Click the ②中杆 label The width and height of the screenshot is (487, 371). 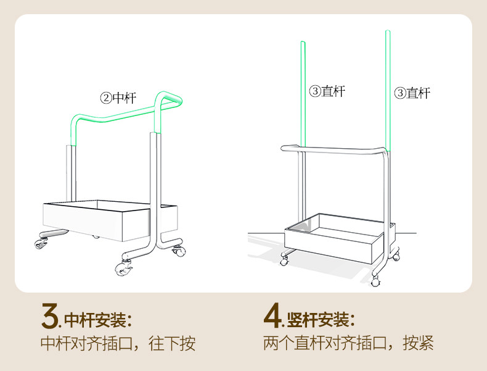(x=118, y=98)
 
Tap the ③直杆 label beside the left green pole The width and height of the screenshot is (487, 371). (x=327, y=91)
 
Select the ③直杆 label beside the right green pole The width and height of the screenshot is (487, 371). (x=412, y=93)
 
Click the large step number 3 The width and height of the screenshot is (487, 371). (x=49, y=317)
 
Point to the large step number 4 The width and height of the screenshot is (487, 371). (x=272, y=317)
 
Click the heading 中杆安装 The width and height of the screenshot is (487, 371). (x=98, y=320)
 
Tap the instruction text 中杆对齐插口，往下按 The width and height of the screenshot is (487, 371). (x=118, y=344)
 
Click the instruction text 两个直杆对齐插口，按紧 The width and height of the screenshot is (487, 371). (x=348, y=343)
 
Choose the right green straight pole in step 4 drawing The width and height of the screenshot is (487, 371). (x=388, y=86)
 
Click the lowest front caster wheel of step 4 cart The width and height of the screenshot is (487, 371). (x=376, y=283)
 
